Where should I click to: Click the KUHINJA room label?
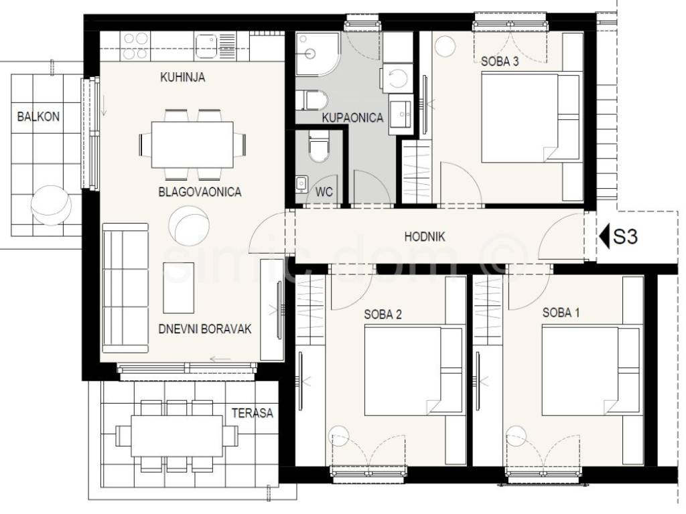(x=182, y=78)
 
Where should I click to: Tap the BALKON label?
(x=38, y=116)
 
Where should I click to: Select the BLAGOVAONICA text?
(x=200, y=192)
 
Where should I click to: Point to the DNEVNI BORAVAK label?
(x=205, y=329)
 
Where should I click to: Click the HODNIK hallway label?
(x=424, y=237)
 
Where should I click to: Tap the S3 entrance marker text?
(x=625, y=236)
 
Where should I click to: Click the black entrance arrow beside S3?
(x=604, y=236)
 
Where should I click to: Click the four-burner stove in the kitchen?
(x=135, y=46)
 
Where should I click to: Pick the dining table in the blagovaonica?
(x=192, y=145)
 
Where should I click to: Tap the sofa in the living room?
(x=125, y=288)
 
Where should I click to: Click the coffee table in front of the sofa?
(x=178, y=288)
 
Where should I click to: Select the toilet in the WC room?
(x=318, y=145)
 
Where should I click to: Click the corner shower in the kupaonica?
(x=317, y=54)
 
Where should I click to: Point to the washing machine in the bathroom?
(x=397, y=78)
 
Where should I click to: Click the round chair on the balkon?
(x=52, y=205)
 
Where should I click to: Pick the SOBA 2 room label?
(x=383, y=315)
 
